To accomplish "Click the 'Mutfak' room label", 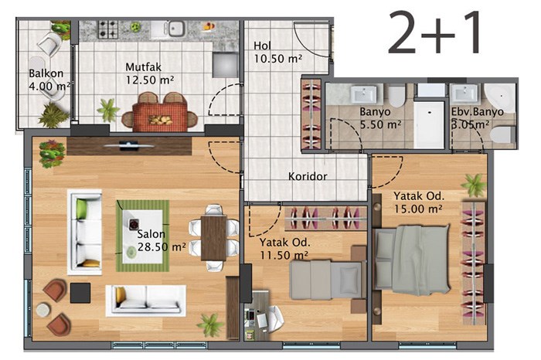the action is click(143, 66).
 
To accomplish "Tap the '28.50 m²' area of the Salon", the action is click(162, 247).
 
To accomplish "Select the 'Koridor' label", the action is click(308, 176).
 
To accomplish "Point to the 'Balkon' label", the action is click(46, 73).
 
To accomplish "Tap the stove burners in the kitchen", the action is click(108, 29).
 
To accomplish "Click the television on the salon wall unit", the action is click(129, 145).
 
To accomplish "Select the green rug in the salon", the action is click(143, 236).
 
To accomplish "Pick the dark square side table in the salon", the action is click(80, 293).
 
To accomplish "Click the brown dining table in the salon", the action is click(213, 238).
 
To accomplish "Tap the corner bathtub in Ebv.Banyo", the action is click(499, 93).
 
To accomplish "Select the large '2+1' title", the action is click(434, 32).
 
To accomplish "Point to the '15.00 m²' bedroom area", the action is click(419, 209).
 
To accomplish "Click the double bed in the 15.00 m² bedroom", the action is click(412, 260).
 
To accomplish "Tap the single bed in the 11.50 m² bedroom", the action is click(326, 280).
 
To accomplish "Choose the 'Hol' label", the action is click(263, 46).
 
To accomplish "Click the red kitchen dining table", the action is click(160, 118).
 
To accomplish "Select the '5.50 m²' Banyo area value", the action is click(380, 124).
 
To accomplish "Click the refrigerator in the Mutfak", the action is click(226, 65).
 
